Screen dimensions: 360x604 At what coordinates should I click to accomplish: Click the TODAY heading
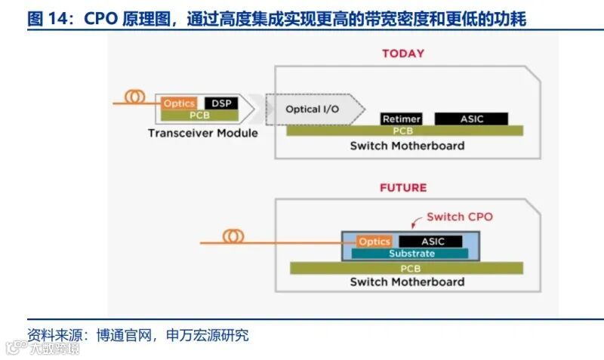pos(402,54)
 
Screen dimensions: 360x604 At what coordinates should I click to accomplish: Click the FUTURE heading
pos(402,187)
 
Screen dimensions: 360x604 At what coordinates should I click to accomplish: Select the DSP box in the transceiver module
pos(221,103)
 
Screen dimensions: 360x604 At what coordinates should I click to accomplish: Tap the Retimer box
pos(401,119)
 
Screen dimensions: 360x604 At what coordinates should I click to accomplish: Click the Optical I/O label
pos(312,109)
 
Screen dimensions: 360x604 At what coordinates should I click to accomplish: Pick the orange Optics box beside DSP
pos(180,103)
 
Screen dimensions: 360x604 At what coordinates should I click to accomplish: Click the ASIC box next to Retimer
pos(471,119)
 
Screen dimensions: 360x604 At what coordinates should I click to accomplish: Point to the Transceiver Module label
pos(202,133)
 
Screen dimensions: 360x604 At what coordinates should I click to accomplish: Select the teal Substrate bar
pos(411,254)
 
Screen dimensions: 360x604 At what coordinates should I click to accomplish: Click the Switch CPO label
pos(459,217)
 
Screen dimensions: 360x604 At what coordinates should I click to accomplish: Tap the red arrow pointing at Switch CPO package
pos(414,223)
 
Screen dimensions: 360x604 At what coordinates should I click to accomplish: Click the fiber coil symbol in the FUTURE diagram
pos(234,237)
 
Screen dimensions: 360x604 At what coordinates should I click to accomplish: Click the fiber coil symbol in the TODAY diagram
pos(136,97)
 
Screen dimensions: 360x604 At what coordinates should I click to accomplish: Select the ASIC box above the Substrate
pos(433,242)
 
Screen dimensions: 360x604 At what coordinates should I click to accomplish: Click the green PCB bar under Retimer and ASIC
pos(404,131)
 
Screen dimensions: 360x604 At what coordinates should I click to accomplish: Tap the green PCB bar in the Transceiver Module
pos(199,115)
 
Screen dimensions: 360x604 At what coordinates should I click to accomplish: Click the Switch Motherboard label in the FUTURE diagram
pos(407,282)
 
